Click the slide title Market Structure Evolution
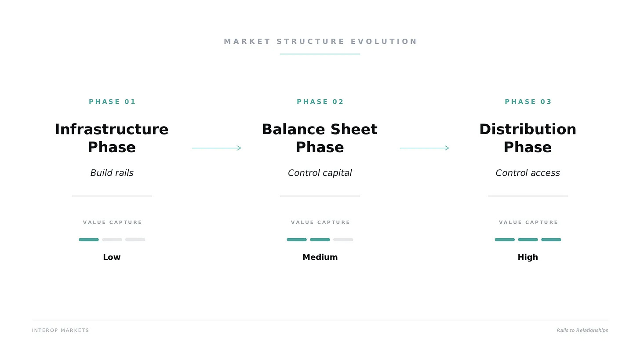coord(320,41)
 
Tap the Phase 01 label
coord(112,102)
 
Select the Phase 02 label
coord(320,102)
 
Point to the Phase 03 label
coord(528,102)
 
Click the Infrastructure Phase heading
coord(112,138)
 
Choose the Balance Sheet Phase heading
coord(320,138)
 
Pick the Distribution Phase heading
coord(528,138)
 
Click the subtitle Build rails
coord(112,173)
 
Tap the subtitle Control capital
coord(320,173)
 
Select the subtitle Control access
coord(528,173)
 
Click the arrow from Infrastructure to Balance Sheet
coord(217,148)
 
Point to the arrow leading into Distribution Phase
coord(425,148)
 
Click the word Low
coord(112,257)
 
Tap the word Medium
coord(320,257)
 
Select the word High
coord(528,257)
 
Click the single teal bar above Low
coord(89,240)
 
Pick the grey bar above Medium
coord(343,240)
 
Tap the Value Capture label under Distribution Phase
coord(528,222)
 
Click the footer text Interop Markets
coord(61,330)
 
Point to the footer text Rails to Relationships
coord(582,330)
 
